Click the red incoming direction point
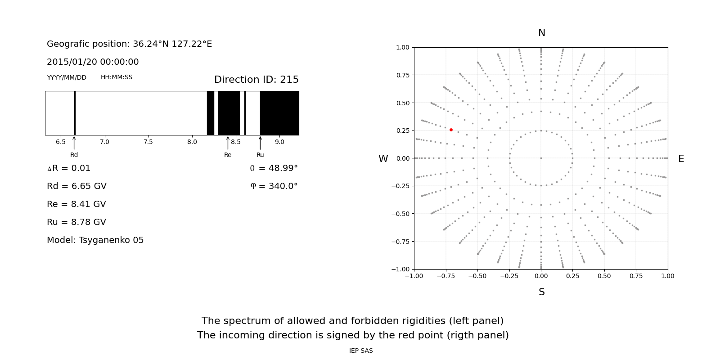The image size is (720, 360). pos(451,130)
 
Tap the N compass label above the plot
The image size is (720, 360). pos(541,33)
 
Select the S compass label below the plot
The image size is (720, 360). pos(541,292)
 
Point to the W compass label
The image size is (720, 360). pos(383,159)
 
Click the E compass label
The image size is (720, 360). pos(681,159)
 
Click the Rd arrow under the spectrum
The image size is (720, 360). pos(74,143)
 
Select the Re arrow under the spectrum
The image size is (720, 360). pos(228,143)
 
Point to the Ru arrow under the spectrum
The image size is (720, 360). pos(260,143)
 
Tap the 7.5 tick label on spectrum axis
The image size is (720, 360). pos(148,142)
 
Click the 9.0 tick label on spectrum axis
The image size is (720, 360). pos(279,142)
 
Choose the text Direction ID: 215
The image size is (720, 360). pos(256,80)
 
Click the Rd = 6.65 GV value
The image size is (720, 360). pos(76,186)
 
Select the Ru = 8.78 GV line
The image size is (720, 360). pos(76,222)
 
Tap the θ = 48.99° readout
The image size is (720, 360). pos(274,168)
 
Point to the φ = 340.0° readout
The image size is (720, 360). pos(274,186)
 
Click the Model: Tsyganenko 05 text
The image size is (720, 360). pos(95,240)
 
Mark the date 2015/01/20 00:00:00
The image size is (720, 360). pos(93,62)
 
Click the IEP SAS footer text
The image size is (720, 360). pos(361,351)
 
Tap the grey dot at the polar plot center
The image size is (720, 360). pos(541,158)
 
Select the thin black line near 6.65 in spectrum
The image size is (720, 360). pos(75,113)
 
